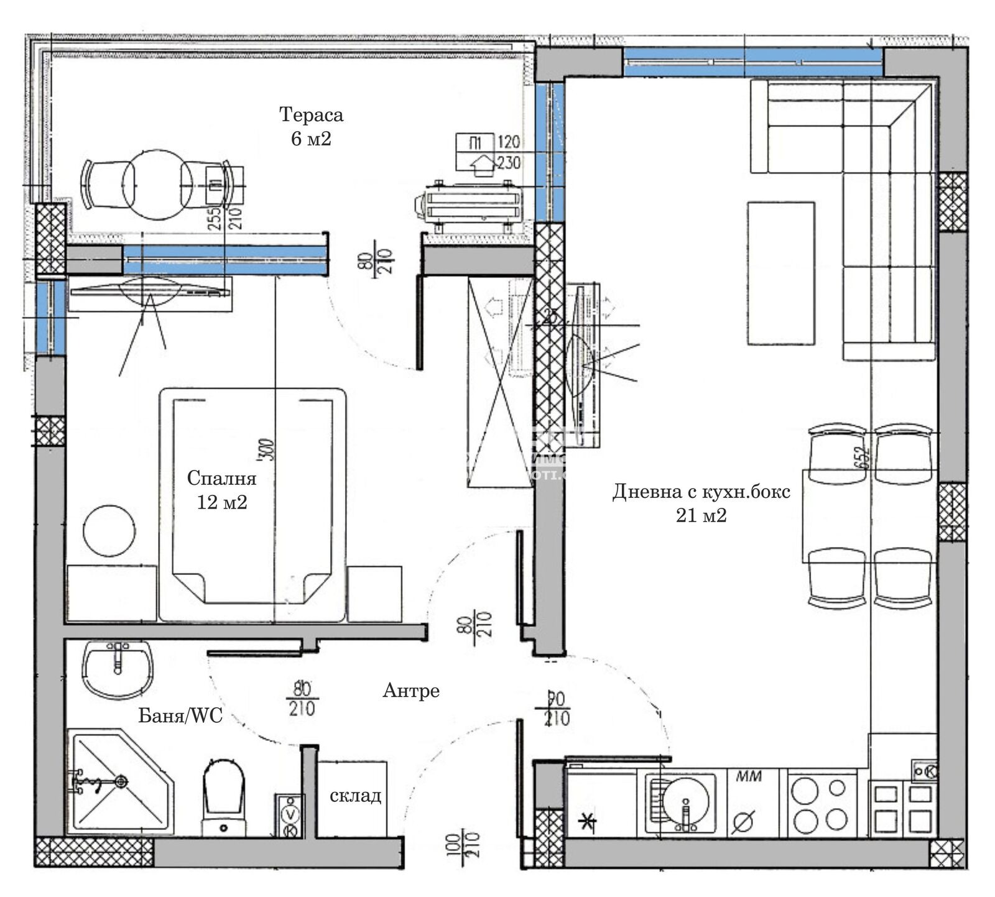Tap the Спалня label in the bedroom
pyautogui.click(x=221, y=478)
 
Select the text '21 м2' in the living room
pyautogui.click(x=701, y=515)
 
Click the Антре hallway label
pyautogui.click(x=411, y=691)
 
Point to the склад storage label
pyautogui.click(x=355, y=795)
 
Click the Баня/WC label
pyautogui.click(x=180, y=716)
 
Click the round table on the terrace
pyautogui.click(x=155, y=185)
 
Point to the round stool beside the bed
pyautogui.click(x=109, y=530)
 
